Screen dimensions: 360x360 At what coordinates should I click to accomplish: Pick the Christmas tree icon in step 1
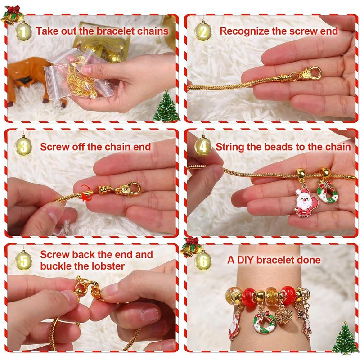click(x=166, y=106)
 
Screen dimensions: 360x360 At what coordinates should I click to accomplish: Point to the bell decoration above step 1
click(x=13, y=15)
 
